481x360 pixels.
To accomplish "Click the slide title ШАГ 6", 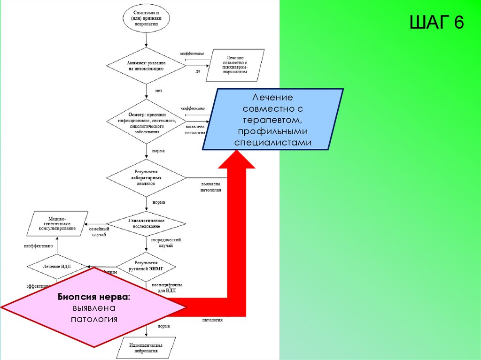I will click(436, 22).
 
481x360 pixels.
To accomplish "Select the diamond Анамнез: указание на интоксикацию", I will click(145, 65).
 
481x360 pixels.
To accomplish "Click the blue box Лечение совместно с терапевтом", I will click(272, 120).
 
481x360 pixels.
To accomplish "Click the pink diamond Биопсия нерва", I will click(94, 308).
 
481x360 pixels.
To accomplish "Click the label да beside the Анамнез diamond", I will click(198, 71).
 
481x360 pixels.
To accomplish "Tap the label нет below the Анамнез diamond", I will click(158, 91).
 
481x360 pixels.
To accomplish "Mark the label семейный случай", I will click(98, 231).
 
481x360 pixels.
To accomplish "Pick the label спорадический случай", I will click(166, 243).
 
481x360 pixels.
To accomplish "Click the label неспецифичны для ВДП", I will click(167, 287).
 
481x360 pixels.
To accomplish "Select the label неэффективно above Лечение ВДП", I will click(41, 245).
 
